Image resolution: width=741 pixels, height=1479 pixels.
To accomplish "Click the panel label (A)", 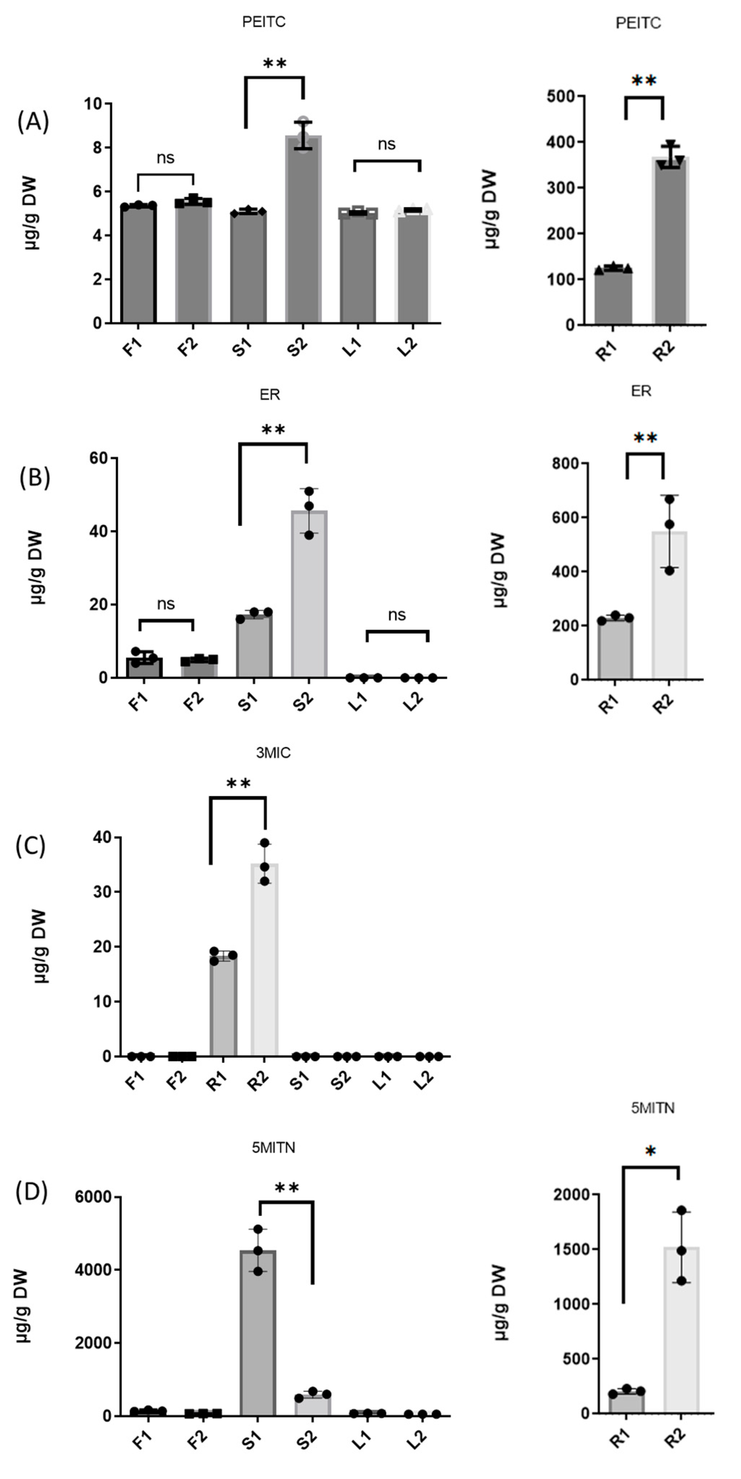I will [x=33, y=122].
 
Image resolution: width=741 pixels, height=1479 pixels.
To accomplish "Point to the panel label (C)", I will [x=30, y=846].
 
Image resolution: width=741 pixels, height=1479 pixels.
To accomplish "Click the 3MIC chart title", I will [x=273, y=753].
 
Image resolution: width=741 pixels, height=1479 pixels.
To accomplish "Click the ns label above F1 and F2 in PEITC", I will [x=166, y=158].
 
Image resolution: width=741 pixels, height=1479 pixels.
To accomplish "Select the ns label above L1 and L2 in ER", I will [x=397, y=615].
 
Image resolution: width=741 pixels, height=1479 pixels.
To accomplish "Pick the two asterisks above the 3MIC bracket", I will [x=238, y=784].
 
